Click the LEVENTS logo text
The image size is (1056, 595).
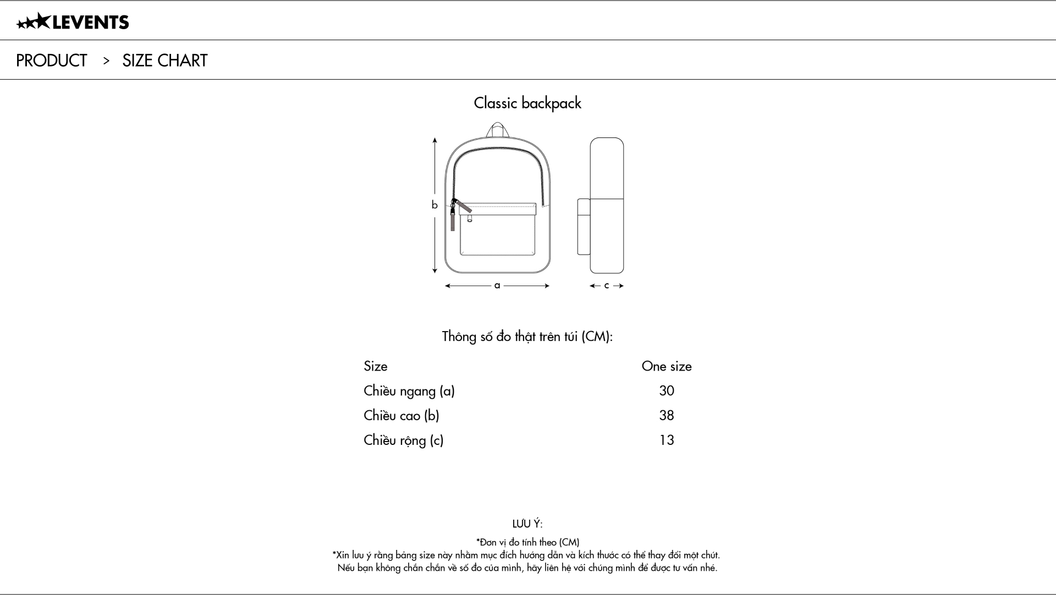coord(91,22)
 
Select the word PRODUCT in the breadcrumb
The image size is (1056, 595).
coord(52,60)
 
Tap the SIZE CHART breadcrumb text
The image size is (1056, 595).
coord(165,60)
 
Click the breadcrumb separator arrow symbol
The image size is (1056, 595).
coord(106,60)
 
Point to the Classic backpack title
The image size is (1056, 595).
coord(527,103)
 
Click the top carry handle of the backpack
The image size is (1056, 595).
coord(497,129)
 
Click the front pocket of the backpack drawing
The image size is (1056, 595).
coord(498,234)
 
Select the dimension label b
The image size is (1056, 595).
coord(435,205)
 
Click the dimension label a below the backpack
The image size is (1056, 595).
coord(497,285)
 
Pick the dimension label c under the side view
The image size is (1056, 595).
coord(607,285)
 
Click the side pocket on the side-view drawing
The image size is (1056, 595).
coord(584,227)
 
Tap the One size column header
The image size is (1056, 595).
coord(667,366)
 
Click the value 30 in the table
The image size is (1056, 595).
coord(667,391)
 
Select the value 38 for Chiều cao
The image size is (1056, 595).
coord(667,415)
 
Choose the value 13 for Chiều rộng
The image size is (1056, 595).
coord(667,440)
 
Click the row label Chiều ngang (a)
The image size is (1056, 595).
coord(409,391)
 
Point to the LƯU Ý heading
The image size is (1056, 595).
coord(527,524)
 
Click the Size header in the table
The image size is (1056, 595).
coord(376,366)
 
